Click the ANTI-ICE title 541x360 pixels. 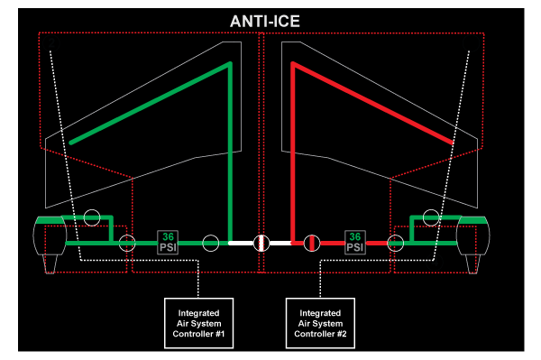(x=264, y=22)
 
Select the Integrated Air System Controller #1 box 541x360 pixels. (x=198, y=323)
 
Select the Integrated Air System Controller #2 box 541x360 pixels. (x=320, y=323)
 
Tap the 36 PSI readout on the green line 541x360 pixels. (x=168, y=243)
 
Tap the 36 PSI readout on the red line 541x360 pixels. (x=355, y=243)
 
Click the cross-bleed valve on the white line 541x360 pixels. (x=261, y=243)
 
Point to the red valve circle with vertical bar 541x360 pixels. (x=312, y=243)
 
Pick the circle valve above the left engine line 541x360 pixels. (x=92, y=217)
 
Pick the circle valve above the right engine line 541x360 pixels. (x=431, y=217)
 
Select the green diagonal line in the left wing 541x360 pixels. (x=151, y=103)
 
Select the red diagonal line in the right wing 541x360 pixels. (x=372, y=103)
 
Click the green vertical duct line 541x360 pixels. (x=231, y=152)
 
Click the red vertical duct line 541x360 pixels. (x=293, y=152)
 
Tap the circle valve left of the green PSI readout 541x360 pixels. (x=127, y=243)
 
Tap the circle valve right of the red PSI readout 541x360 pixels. (x=396, y=243)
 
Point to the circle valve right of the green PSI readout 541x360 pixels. (x=210, y=243)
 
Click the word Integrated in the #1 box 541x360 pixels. (x=198, y=313)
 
